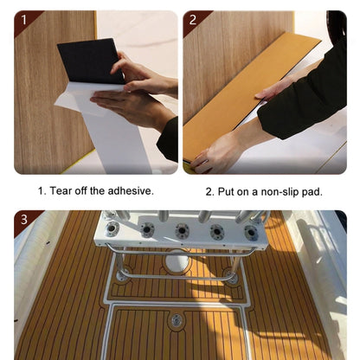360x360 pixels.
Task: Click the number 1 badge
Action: coord(24,18)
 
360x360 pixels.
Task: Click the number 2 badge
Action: coord(193,18)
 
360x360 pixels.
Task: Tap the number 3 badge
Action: coord(24,220)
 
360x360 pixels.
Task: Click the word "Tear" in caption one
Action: coord(65,191)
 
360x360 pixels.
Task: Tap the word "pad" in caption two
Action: coord(310,191)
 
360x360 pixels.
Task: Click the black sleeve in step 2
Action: coord(307,95)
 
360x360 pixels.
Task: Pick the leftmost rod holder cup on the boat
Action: coord(111,229)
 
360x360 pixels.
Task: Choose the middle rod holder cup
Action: coord(182,231)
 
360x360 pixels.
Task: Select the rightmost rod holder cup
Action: coord(251,231)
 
